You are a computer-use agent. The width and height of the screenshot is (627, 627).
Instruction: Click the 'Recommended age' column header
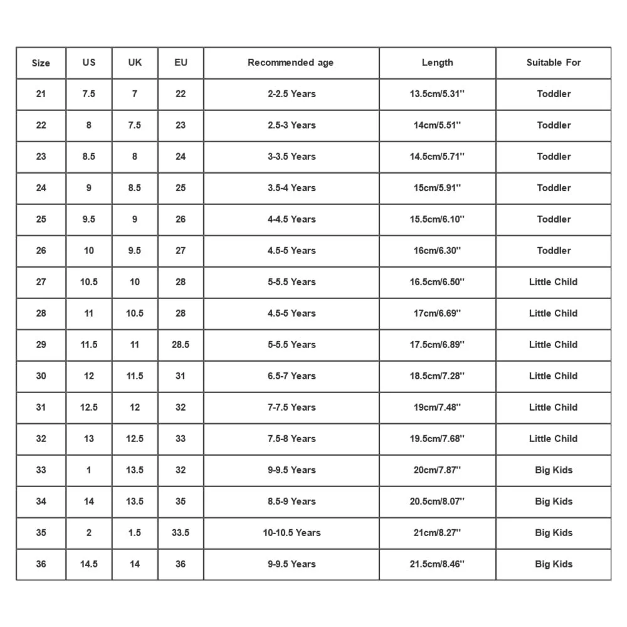point(291,63)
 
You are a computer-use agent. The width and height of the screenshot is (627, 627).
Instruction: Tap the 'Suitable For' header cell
point(554,63)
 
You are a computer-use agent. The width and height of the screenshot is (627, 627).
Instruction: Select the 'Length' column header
point(437,63)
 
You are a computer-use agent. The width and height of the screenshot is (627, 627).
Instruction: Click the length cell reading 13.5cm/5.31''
point(437,94)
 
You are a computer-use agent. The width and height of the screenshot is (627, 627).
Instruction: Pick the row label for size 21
point(41,94)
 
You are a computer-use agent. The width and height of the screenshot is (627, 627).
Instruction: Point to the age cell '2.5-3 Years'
point(291,125)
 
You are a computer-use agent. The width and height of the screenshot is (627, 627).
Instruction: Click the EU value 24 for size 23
point(181,157)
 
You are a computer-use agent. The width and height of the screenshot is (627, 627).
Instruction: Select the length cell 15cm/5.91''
point(437,188)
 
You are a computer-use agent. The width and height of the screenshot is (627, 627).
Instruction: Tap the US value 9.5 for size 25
point(89,219)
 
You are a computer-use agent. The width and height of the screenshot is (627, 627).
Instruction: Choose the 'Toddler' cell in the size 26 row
point(554,251)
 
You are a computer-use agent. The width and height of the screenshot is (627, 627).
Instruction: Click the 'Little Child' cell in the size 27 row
point(554,282)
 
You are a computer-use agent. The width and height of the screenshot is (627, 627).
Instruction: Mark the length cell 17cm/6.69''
point(437,313)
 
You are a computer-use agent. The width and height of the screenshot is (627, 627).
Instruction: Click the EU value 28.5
point(181,345)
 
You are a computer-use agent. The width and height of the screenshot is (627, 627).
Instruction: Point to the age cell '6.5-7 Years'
point(291,376)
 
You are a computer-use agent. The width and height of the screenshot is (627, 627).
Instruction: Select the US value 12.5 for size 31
point(89,408)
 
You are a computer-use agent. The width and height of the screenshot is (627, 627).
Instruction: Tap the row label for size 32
point(41,439)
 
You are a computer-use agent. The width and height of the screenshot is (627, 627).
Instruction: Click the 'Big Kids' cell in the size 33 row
point(554,470)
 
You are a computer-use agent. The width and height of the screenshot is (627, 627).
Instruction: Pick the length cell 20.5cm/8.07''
point(437,502)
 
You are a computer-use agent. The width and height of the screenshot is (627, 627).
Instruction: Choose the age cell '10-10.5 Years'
point(291,533)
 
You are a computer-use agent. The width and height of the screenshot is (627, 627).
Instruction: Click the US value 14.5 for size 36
point(89,564)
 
